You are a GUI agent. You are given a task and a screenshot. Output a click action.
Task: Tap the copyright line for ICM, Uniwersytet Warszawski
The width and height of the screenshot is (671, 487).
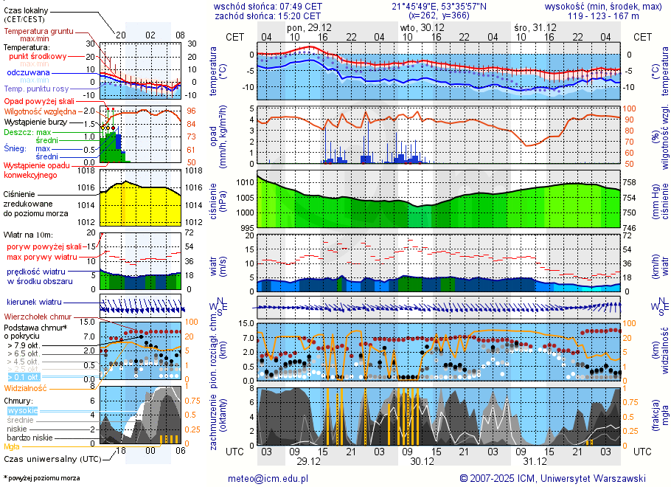[552, 478]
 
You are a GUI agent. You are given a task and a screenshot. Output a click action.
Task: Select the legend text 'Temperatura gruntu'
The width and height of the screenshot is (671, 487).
[38, 32]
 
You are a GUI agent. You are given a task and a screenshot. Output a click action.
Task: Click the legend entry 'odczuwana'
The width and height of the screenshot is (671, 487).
[28, 72]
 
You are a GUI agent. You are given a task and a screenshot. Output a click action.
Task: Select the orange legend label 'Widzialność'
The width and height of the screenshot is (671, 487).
[26, 387]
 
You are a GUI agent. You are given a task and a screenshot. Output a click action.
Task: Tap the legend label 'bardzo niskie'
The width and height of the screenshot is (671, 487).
[27, 438]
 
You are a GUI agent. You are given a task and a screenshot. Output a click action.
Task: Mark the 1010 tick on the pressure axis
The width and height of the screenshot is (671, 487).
[245, 182]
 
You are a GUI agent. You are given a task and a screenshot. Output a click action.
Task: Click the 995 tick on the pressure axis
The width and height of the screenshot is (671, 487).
[245, 228]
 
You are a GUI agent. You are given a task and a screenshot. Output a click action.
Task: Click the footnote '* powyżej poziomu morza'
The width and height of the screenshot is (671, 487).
[42, 478]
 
